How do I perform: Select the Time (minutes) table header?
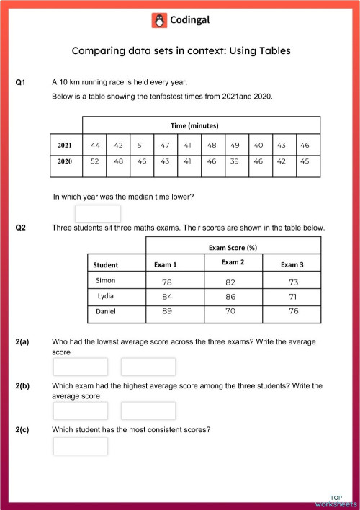194,125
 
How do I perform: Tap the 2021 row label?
65,146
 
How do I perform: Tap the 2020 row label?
65,161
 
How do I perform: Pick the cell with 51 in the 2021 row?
141,146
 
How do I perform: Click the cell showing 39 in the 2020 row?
235,161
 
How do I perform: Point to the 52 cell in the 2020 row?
94,161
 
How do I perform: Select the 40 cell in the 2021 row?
258,146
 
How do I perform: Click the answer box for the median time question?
98,213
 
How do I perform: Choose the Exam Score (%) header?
233,247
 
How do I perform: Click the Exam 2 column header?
233,263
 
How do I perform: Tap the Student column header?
106,265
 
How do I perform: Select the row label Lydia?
106,296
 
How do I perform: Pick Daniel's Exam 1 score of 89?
167,312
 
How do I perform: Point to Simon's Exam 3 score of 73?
292,282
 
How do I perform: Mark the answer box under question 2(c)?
81,446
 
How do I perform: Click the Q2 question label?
21,228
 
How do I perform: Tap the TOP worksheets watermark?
336,501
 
